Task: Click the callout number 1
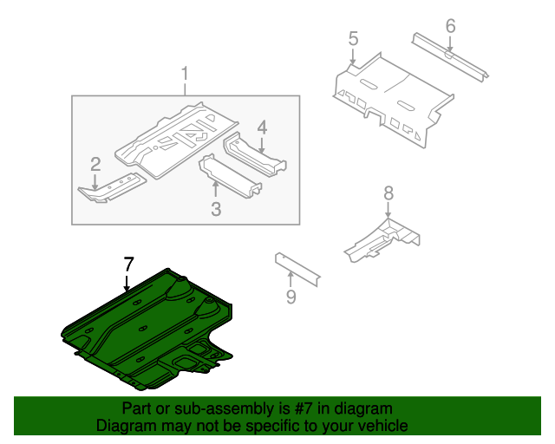(185, 74)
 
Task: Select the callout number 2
(95, 163)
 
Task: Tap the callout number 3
(216, 208)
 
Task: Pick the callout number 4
(262, 128)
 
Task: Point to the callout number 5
(353, 38)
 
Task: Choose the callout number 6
(450, 26)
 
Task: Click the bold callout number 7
(128, 264)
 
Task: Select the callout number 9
(291, 297)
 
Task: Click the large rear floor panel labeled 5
(390, 95)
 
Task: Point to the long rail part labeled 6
(449, 56)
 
